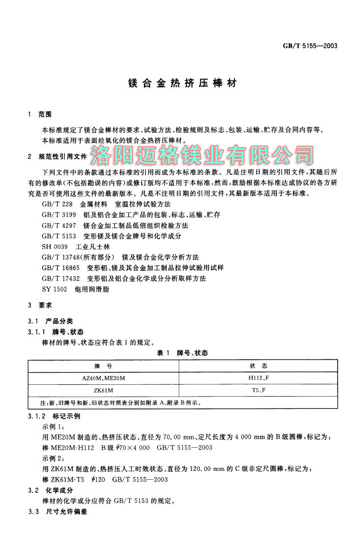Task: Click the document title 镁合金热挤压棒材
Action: [x=180, y=84]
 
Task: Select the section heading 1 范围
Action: [x=40, y=115]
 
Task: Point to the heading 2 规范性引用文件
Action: [x=57, y=157]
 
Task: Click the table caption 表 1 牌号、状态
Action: [x=182, y=353]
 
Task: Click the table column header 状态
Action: [x=258, y=367]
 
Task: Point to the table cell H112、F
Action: [x=258, y=378]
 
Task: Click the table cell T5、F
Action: [x=258, y=391]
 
